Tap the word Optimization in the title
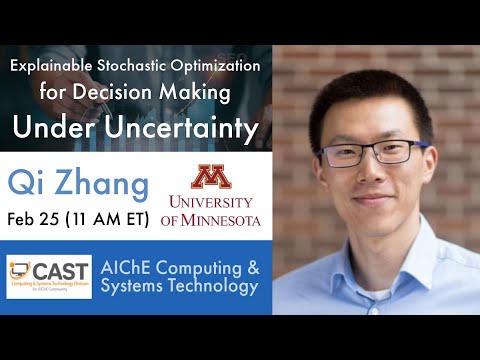[218, 66]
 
